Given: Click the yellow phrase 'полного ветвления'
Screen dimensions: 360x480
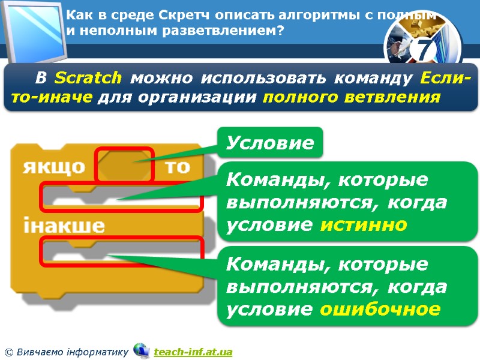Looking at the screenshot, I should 351,98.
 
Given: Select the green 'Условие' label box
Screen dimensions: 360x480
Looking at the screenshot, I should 269,143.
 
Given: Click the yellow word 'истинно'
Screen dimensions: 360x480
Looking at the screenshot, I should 364,224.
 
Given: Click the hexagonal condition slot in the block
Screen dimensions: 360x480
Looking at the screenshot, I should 125,164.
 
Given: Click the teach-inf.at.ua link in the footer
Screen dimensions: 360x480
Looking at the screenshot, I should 193,352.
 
